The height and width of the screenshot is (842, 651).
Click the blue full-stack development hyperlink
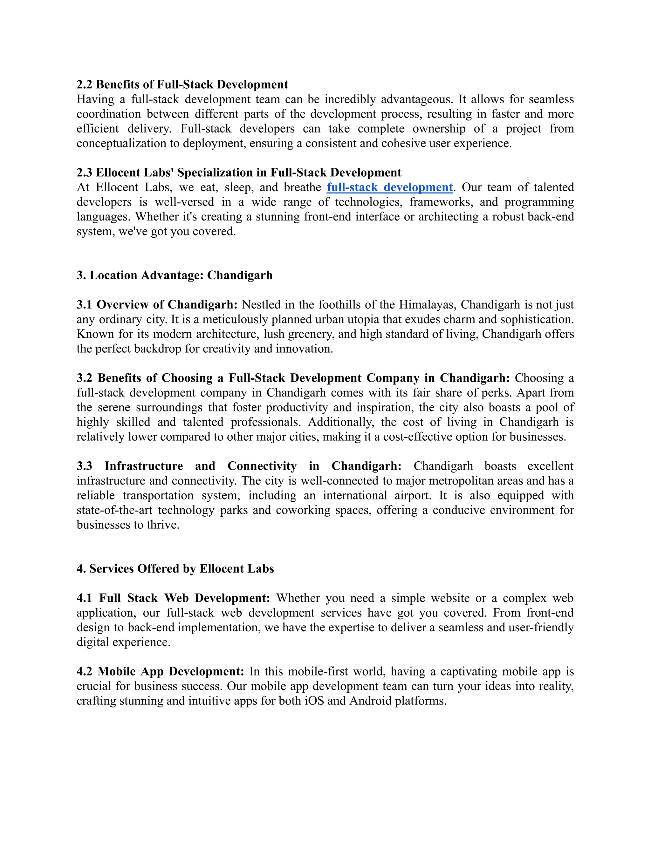[x=389, y=187]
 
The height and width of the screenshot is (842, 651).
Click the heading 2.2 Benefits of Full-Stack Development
[x=182, y=85]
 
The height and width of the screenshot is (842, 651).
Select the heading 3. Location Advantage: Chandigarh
[x=174, y=275]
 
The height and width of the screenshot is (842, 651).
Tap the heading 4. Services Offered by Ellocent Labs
[x=175, y=569]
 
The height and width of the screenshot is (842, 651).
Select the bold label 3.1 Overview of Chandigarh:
[x=157, y=305]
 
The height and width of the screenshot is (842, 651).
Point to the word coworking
[x=303, y=510]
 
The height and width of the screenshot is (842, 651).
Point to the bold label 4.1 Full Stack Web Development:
[x=174, y=598]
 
